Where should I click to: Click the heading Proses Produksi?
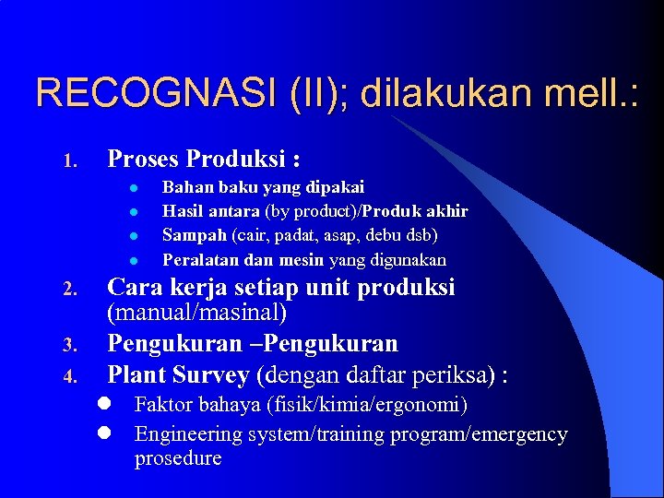click(x=203, y=159)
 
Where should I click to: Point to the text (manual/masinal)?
click(x=197, y=314)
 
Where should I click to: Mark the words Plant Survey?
click(x=178, y=375)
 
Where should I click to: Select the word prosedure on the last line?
click(x=178, y=458)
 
